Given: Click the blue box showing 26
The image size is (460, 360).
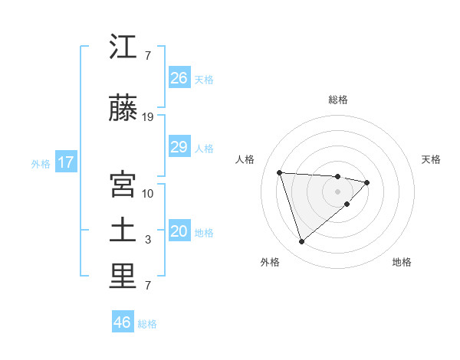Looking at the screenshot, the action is (x=179, y=78).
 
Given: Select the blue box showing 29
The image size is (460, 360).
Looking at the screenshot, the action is (x=179, y=147).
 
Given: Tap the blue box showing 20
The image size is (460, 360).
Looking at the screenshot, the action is (x=179, y=232).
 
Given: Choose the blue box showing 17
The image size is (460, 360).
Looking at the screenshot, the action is (x=65, y=162).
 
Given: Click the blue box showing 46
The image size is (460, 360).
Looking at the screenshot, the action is (x=123, y=322).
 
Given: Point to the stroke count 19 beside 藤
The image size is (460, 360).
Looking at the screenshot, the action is (x=148, y=117).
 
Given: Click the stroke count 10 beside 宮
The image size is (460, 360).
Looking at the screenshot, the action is (x=148, y=193).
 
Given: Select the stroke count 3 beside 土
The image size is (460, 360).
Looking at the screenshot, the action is (x=148, y=240).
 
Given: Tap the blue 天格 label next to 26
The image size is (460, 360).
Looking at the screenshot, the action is (x=204, y=79).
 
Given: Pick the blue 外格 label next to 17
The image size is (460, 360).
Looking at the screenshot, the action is (x=41, y=163).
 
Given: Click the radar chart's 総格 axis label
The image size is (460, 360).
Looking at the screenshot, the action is (x=338, y=100).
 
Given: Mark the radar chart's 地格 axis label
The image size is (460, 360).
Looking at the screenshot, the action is (x=402, y=263).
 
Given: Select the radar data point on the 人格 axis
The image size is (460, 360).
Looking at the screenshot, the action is (x=280, y=172).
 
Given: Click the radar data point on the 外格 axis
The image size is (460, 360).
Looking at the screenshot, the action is (x=302, y=242).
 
